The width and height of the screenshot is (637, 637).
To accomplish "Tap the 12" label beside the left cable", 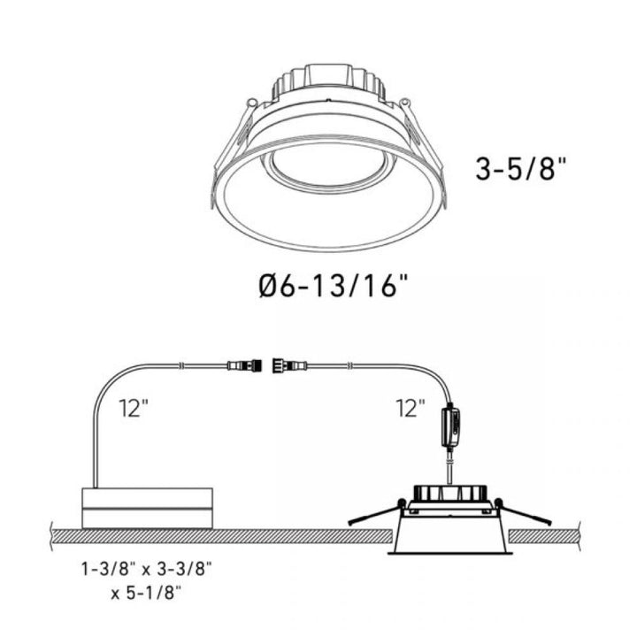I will click(134, 408).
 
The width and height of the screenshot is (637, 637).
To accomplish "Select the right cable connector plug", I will click(290, 363).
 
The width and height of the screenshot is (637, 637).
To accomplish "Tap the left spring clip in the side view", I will click(376, 515).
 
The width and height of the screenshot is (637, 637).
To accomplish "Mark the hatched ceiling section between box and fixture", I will click(301, 536).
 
